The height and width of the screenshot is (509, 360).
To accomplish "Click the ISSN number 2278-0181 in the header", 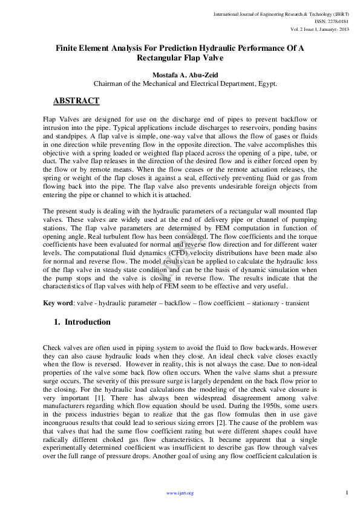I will [x=335, y=21].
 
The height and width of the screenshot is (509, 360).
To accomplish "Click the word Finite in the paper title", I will [x=69, y=48].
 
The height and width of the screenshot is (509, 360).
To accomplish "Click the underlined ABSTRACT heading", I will [x=76, y=100].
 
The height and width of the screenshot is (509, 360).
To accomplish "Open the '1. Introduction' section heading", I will [x=82, y=322].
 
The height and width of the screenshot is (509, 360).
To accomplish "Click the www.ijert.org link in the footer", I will [x=180, y=493].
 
